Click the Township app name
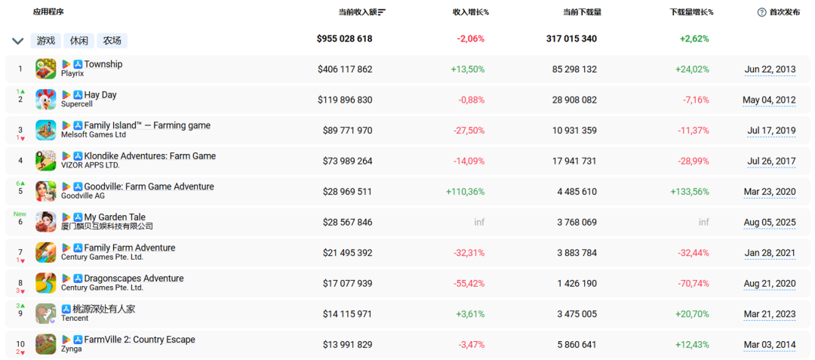pyautogui.click(x=103, y=64)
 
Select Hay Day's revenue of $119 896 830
pyautogui.click(x=345, y=100)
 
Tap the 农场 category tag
pyautogui.click(x=112, y=41)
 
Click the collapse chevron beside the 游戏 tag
pyautogui.click(x=17, y=41)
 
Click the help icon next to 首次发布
pyautogui.click(x=761, y=13)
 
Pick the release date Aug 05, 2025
pyautogui.click(x=769, y=223)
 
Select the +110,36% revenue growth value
pyautogui.click(x=465, y=192)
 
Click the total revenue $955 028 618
pyautogui.click(x=345, y=38)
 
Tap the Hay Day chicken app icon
pyautogui.click(x=46, y=99)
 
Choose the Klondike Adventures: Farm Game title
pyautogui.click(x=149, y=155)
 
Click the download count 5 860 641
pyautogui.click(x=574, y=345)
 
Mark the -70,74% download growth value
pyautogui.click(x=694, y=285)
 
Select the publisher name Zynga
pyautogui.click(x=72, y=349)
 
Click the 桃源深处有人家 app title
pyautogui.click(x=109, y=309)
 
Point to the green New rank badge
pyautogui.click(x=20, y=214)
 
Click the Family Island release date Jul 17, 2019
pyautogui.click(x=771, y=131)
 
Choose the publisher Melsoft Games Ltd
pyautogui.click(x=94, y=135)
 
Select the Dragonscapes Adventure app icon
pyautogui.click(x=46, y=283)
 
